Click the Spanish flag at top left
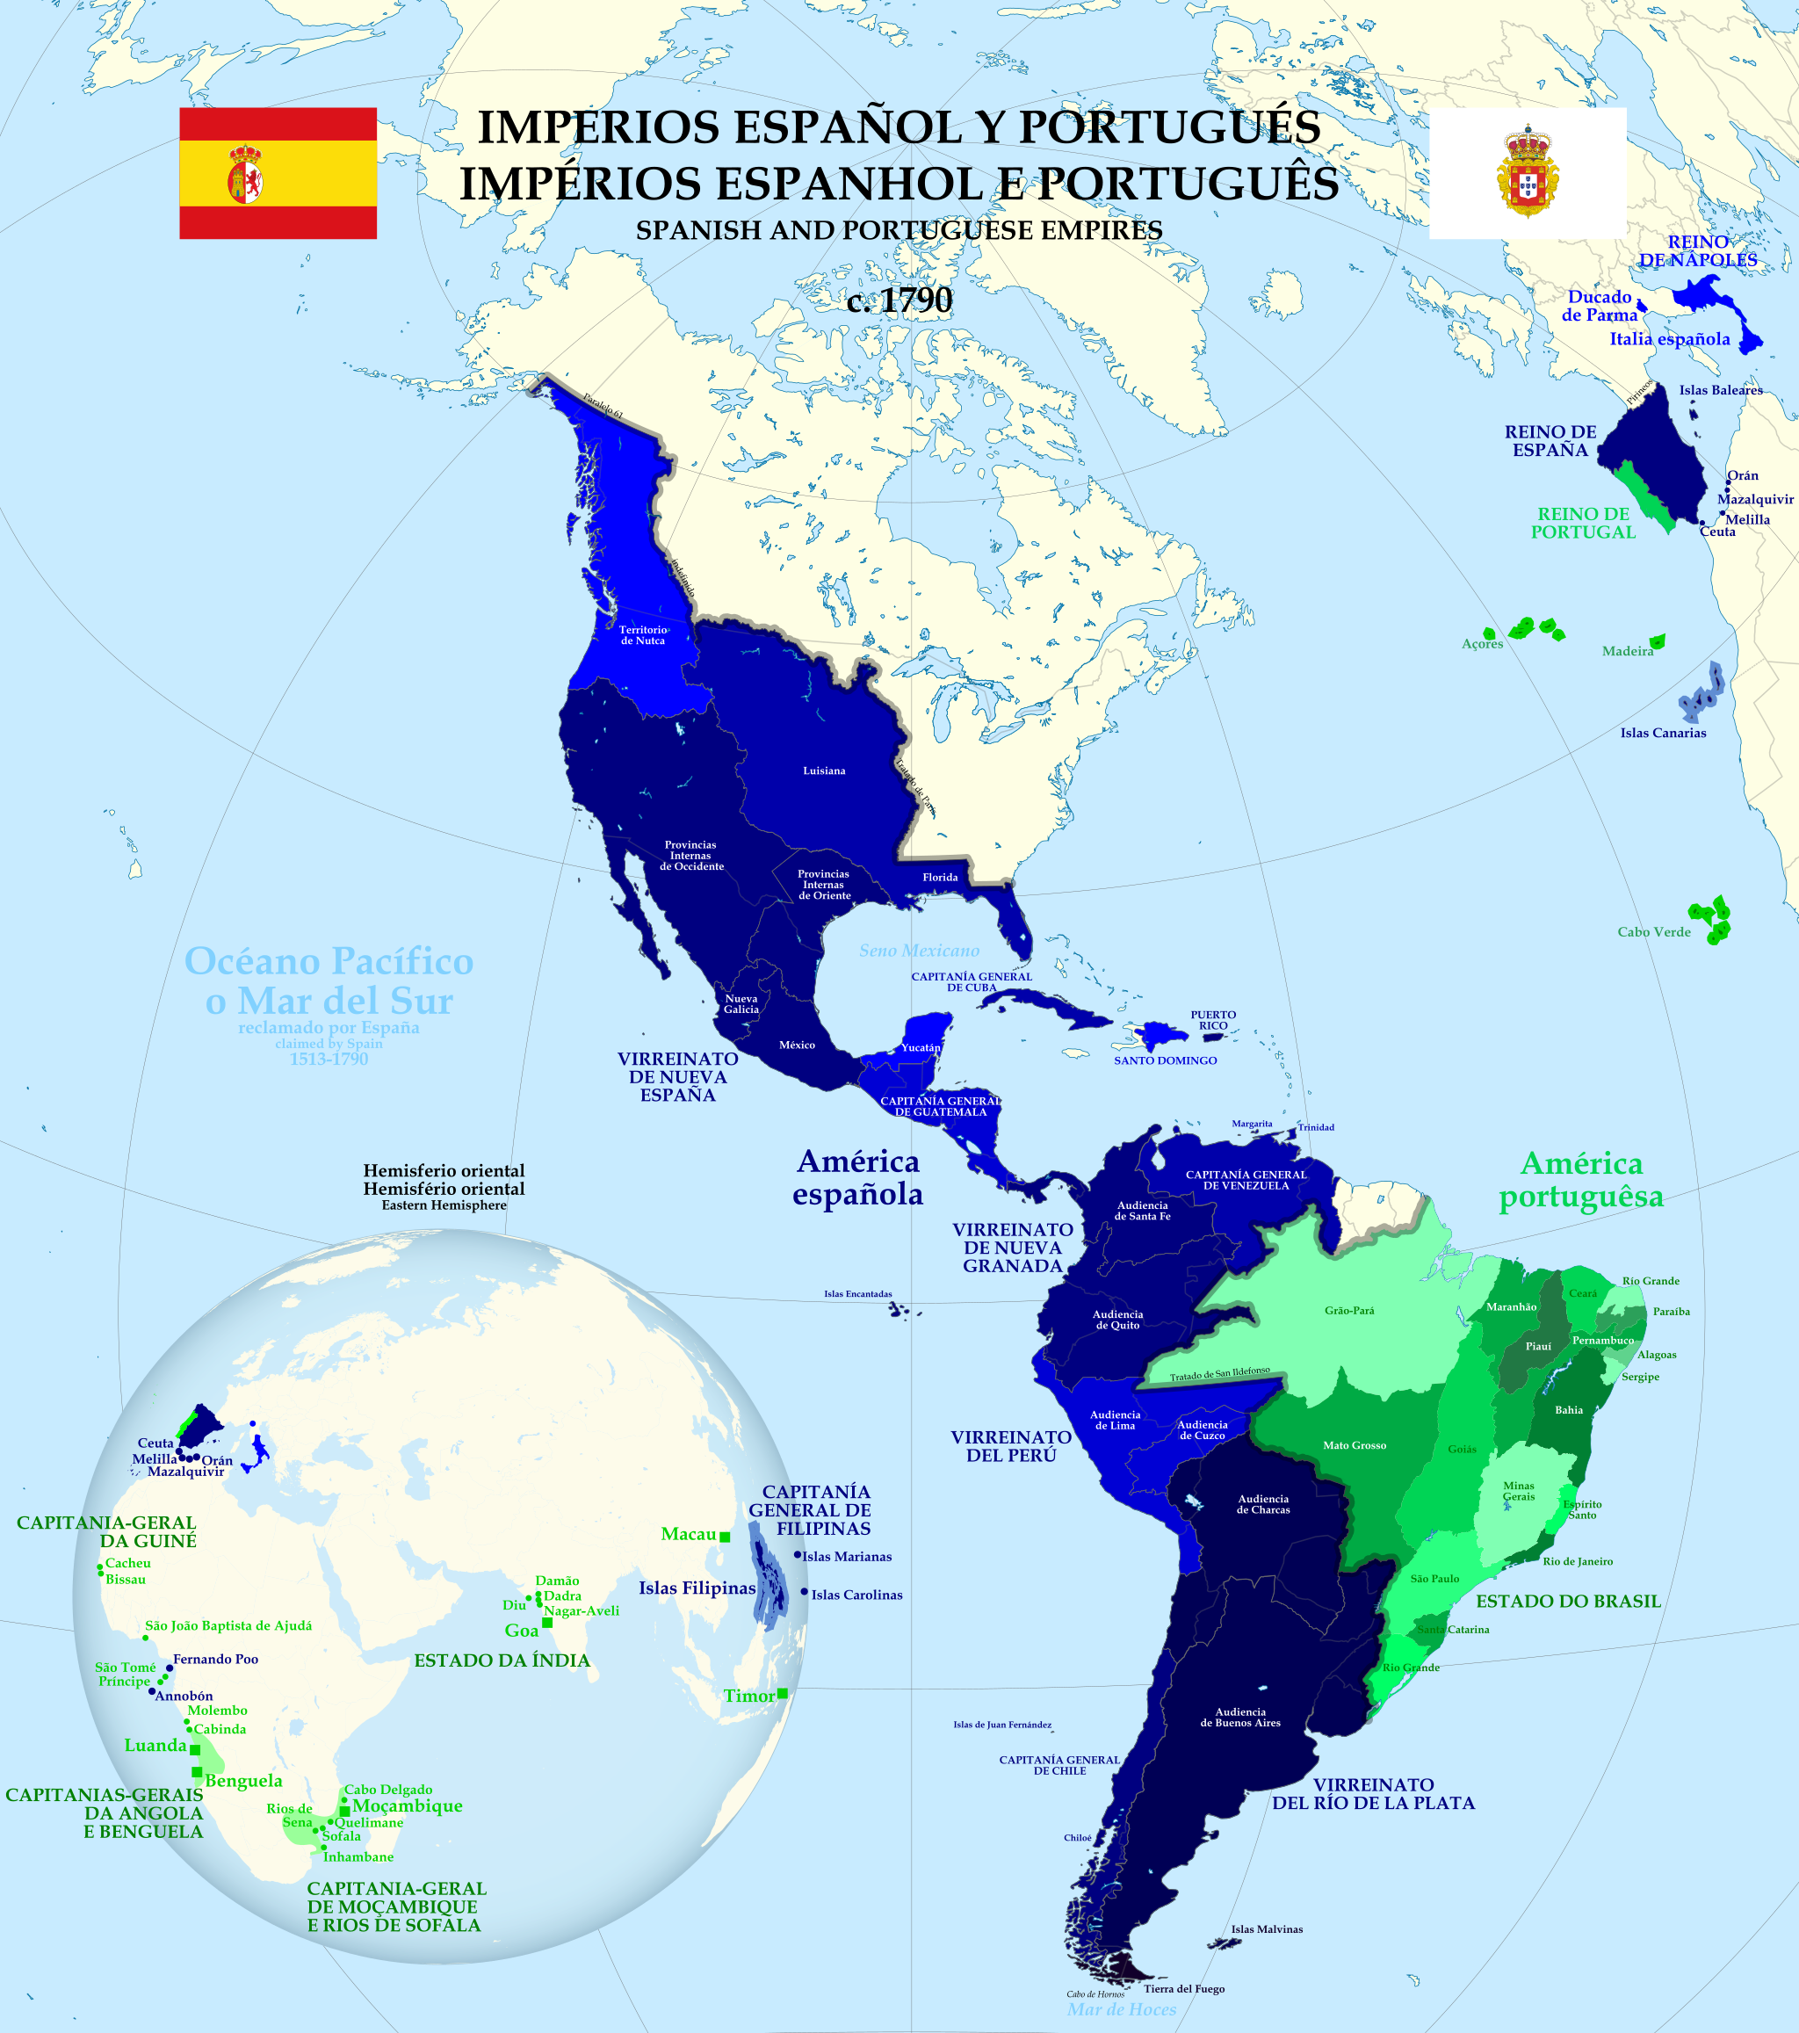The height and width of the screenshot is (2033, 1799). tap(278, 173)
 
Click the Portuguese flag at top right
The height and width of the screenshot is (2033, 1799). tap(1527, 173)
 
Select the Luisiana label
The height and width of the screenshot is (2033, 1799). tap(825, 771)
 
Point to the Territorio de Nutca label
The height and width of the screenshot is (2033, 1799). tap(643, 634)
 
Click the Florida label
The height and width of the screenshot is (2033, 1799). tap(940, 878)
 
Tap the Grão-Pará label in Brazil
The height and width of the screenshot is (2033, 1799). tap(1348, 1311)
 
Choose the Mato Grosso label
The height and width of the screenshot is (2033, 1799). tap(1354, 1445)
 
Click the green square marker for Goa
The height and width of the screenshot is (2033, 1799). tap(547, 1624)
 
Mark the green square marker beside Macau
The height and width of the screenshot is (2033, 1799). tap(725, 1537)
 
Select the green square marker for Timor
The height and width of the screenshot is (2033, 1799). tap(783, 1694)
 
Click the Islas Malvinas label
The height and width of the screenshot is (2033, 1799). tap(1266, 1929)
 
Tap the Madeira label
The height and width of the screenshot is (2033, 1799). tap(1627, 652)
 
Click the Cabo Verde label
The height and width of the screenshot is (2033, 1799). tap(1654, 932)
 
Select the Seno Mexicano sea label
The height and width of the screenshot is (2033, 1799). tap(919, 951)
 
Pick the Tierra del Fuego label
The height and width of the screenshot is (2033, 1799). tap(1183, 1988)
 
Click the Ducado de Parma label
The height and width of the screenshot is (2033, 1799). tap(1599, 306)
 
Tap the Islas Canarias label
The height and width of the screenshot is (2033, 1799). tap(1663, 733)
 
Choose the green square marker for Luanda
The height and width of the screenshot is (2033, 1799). tap(195, 1749)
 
